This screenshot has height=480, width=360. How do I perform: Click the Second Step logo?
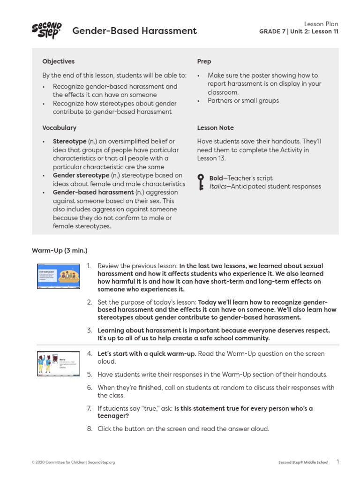click(47, 31)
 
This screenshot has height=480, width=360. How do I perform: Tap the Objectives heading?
click(58, 61)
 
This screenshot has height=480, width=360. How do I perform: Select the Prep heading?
click(204, 61)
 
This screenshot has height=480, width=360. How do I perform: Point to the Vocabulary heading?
click(59, 127)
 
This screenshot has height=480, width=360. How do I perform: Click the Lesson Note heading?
click(215, 127)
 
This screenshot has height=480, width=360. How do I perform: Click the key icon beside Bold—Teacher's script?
click(201, 182)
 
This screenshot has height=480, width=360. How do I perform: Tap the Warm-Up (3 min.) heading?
click(60, 250)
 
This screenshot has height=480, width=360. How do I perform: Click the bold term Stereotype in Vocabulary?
click(69, 141)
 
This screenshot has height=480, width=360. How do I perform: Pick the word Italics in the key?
click(217, 187)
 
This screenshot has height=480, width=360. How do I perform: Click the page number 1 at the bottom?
click(338, 462)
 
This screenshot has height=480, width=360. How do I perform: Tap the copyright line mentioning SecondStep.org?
click(73, 462)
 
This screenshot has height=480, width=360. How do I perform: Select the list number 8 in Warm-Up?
click(90, 428)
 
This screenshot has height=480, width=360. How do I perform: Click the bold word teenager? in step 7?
click(113, 416)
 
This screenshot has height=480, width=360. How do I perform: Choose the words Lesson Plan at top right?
click(321, 24)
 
